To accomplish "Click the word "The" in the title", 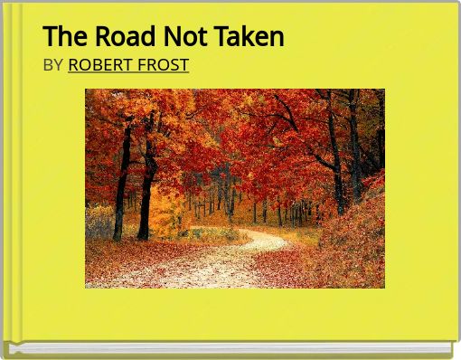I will coord(61,36).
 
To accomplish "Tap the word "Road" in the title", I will coord(121,36).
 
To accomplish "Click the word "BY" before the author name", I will coord(53,64).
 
